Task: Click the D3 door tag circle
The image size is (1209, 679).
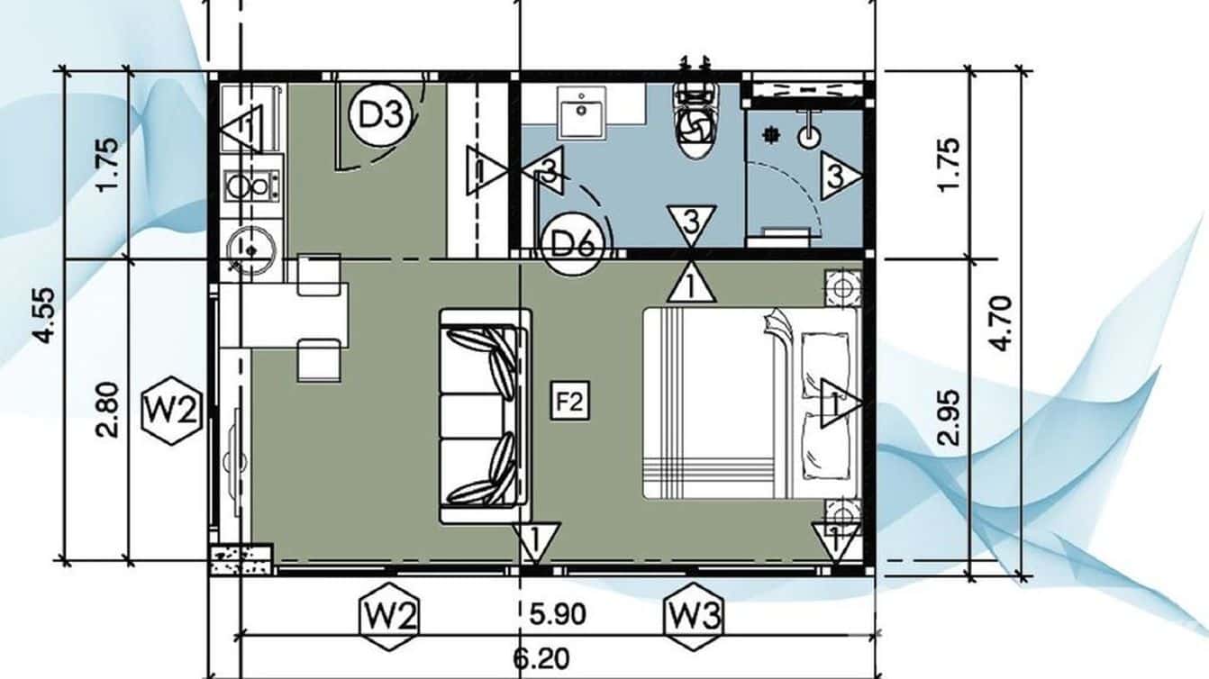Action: (380, 115)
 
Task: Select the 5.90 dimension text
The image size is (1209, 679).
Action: (557, 615)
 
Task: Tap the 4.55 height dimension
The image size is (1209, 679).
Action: (43, 315)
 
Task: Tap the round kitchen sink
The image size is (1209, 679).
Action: (244, 245)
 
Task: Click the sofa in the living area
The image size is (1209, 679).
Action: (484, 416)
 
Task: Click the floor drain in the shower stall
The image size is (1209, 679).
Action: (770, 134)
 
